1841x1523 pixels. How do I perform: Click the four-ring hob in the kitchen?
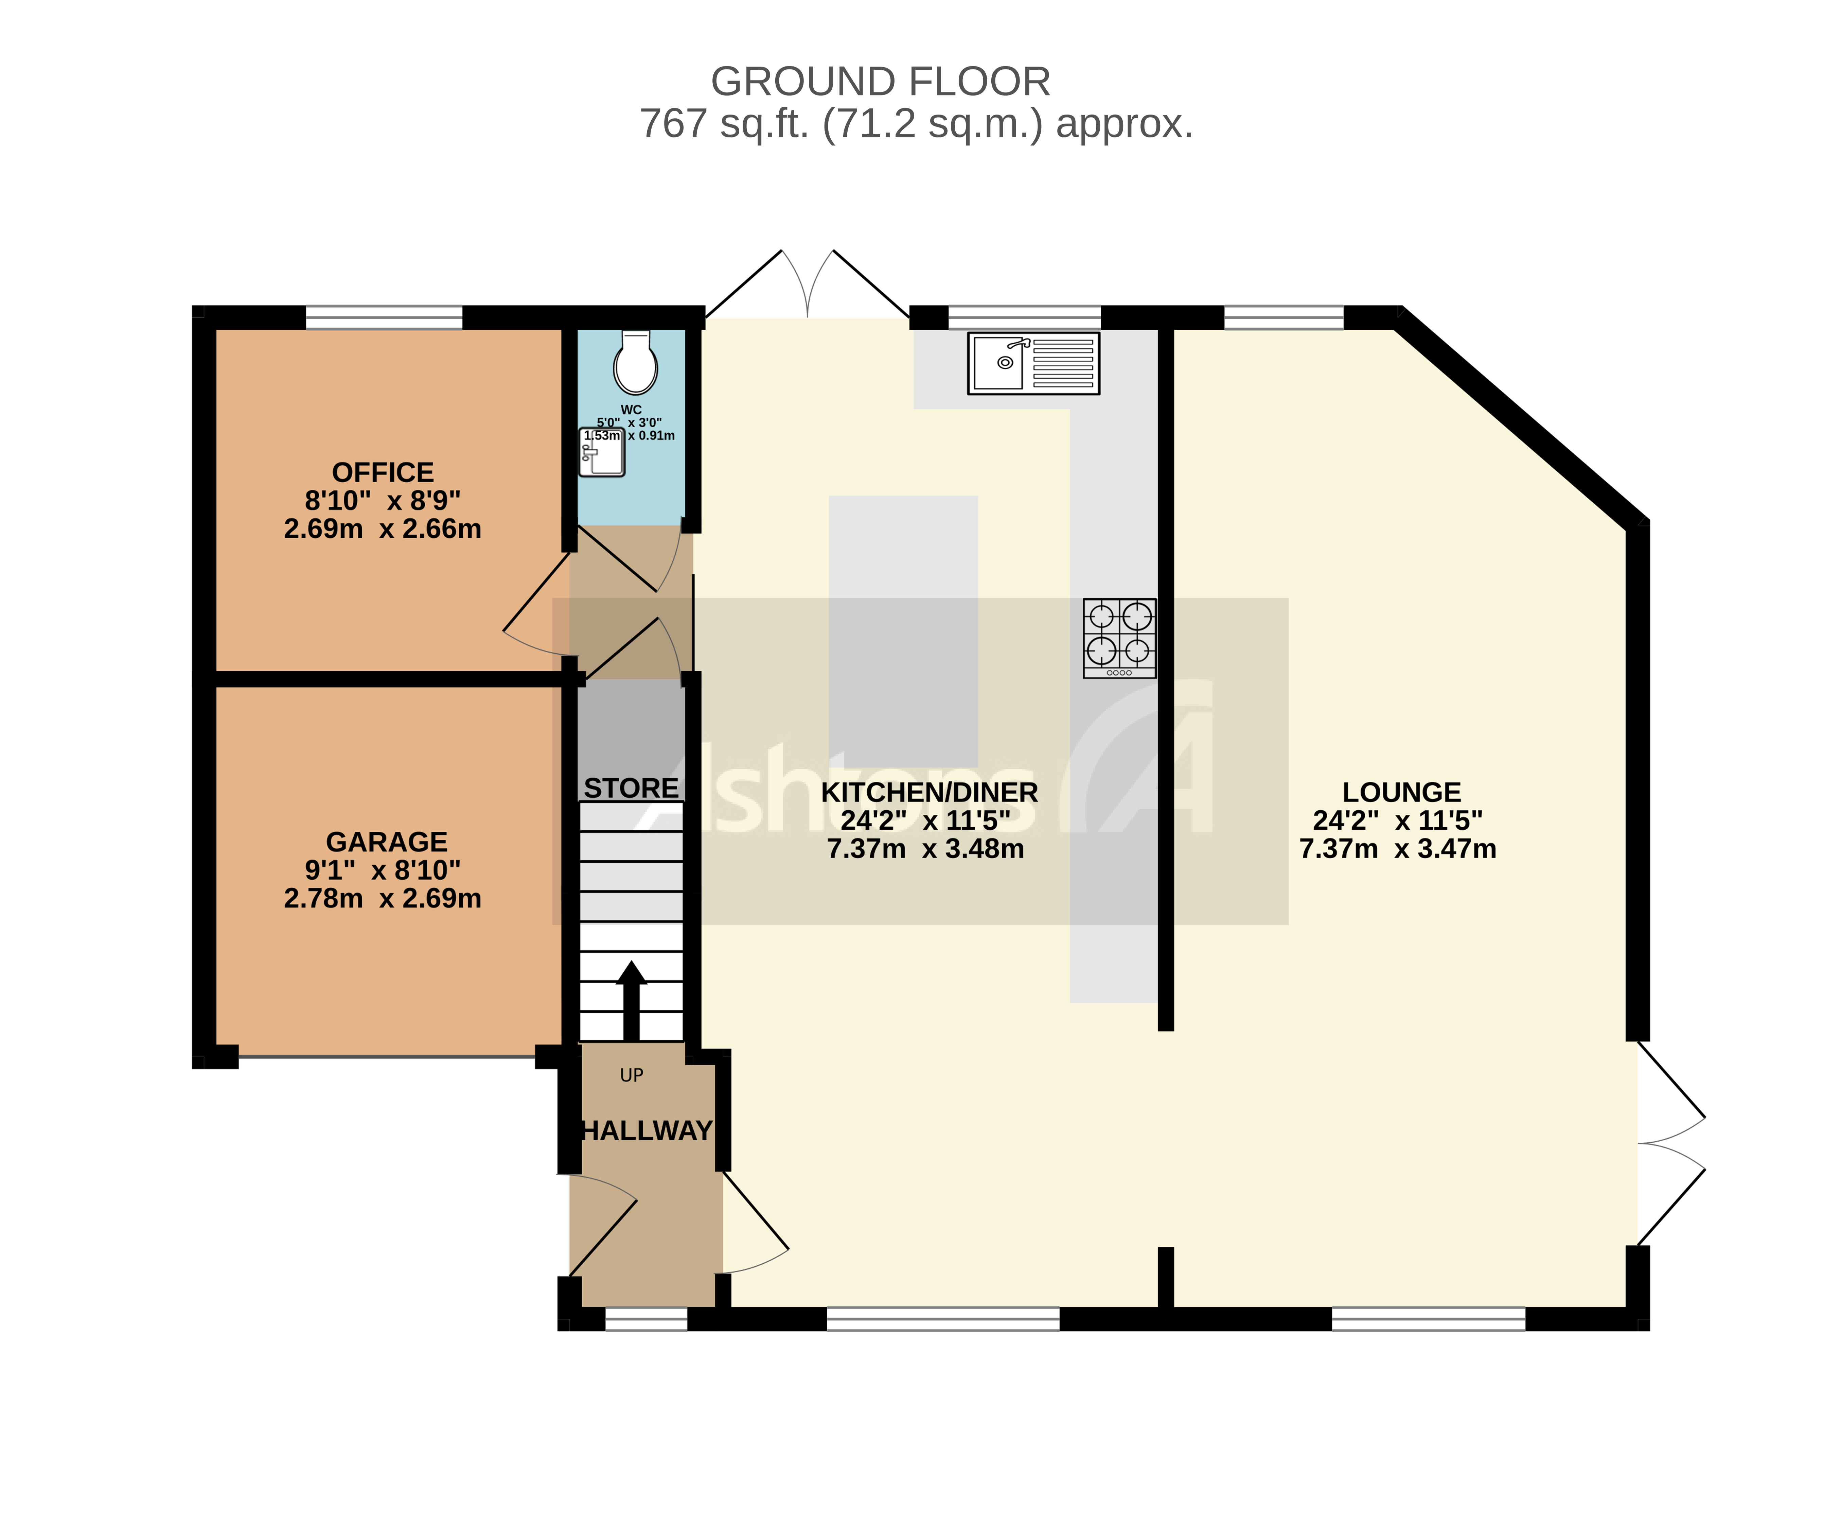click(x=1119, y=637)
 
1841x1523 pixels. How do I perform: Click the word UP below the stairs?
click(x=631, y=1075)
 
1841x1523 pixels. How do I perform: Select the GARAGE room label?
click(x=387, y=842)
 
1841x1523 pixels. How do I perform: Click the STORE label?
click(x=631, y=788)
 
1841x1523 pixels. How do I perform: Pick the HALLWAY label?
click(x=647, y=1131)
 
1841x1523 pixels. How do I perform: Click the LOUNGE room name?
click(x=1401, y=793)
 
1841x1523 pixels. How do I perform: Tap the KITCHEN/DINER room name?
click(x=929, y=793)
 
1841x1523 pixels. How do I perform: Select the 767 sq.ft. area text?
click(x=916, y=124)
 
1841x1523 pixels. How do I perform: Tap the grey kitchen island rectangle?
click(x=903, y=631)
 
